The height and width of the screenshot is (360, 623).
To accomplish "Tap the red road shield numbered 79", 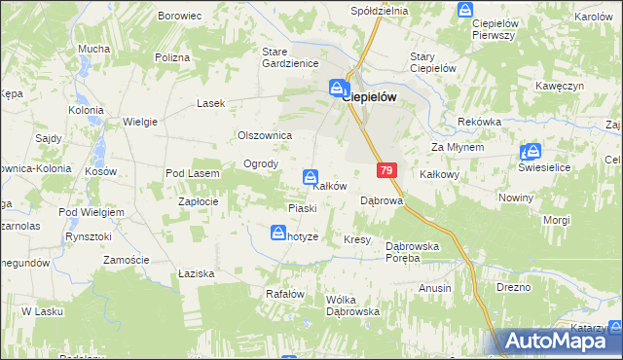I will pyautogui.click(x=386, y=170).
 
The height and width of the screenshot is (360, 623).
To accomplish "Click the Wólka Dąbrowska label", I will pyautogui.click(x=352, y=306).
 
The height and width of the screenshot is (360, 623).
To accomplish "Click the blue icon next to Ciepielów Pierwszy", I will pyautogui.click(x=464, y=11).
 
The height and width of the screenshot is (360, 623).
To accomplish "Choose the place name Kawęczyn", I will pyautogui.click(x=557, y=87).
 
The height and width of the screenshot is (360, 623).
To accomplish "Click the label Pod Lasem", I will pyautogui.click(x=193, y=173).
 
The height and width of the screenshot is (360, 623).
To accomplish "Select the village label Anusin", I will pyautogui.click(x=435, y=288).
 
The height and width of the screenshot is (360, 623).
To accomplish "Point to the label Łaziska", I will pyautogui.click(x=197, y=274).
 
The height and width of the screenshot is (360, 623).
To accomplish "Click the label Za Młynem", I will pyautogui.click(x=458, y=147).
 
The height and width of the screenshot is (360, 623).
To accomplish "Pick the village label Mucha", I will pyautogui.click(x=93, y=49).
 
